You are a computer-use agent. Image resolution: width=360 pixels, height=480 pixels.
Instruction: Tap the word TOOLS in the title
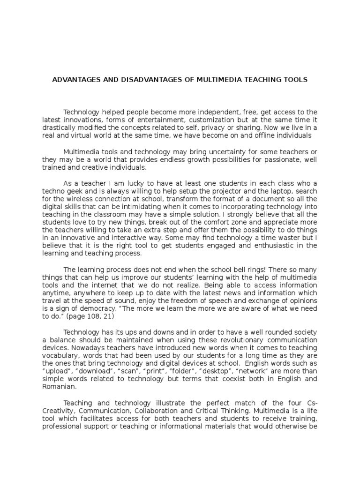click(x=294, y=80)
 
